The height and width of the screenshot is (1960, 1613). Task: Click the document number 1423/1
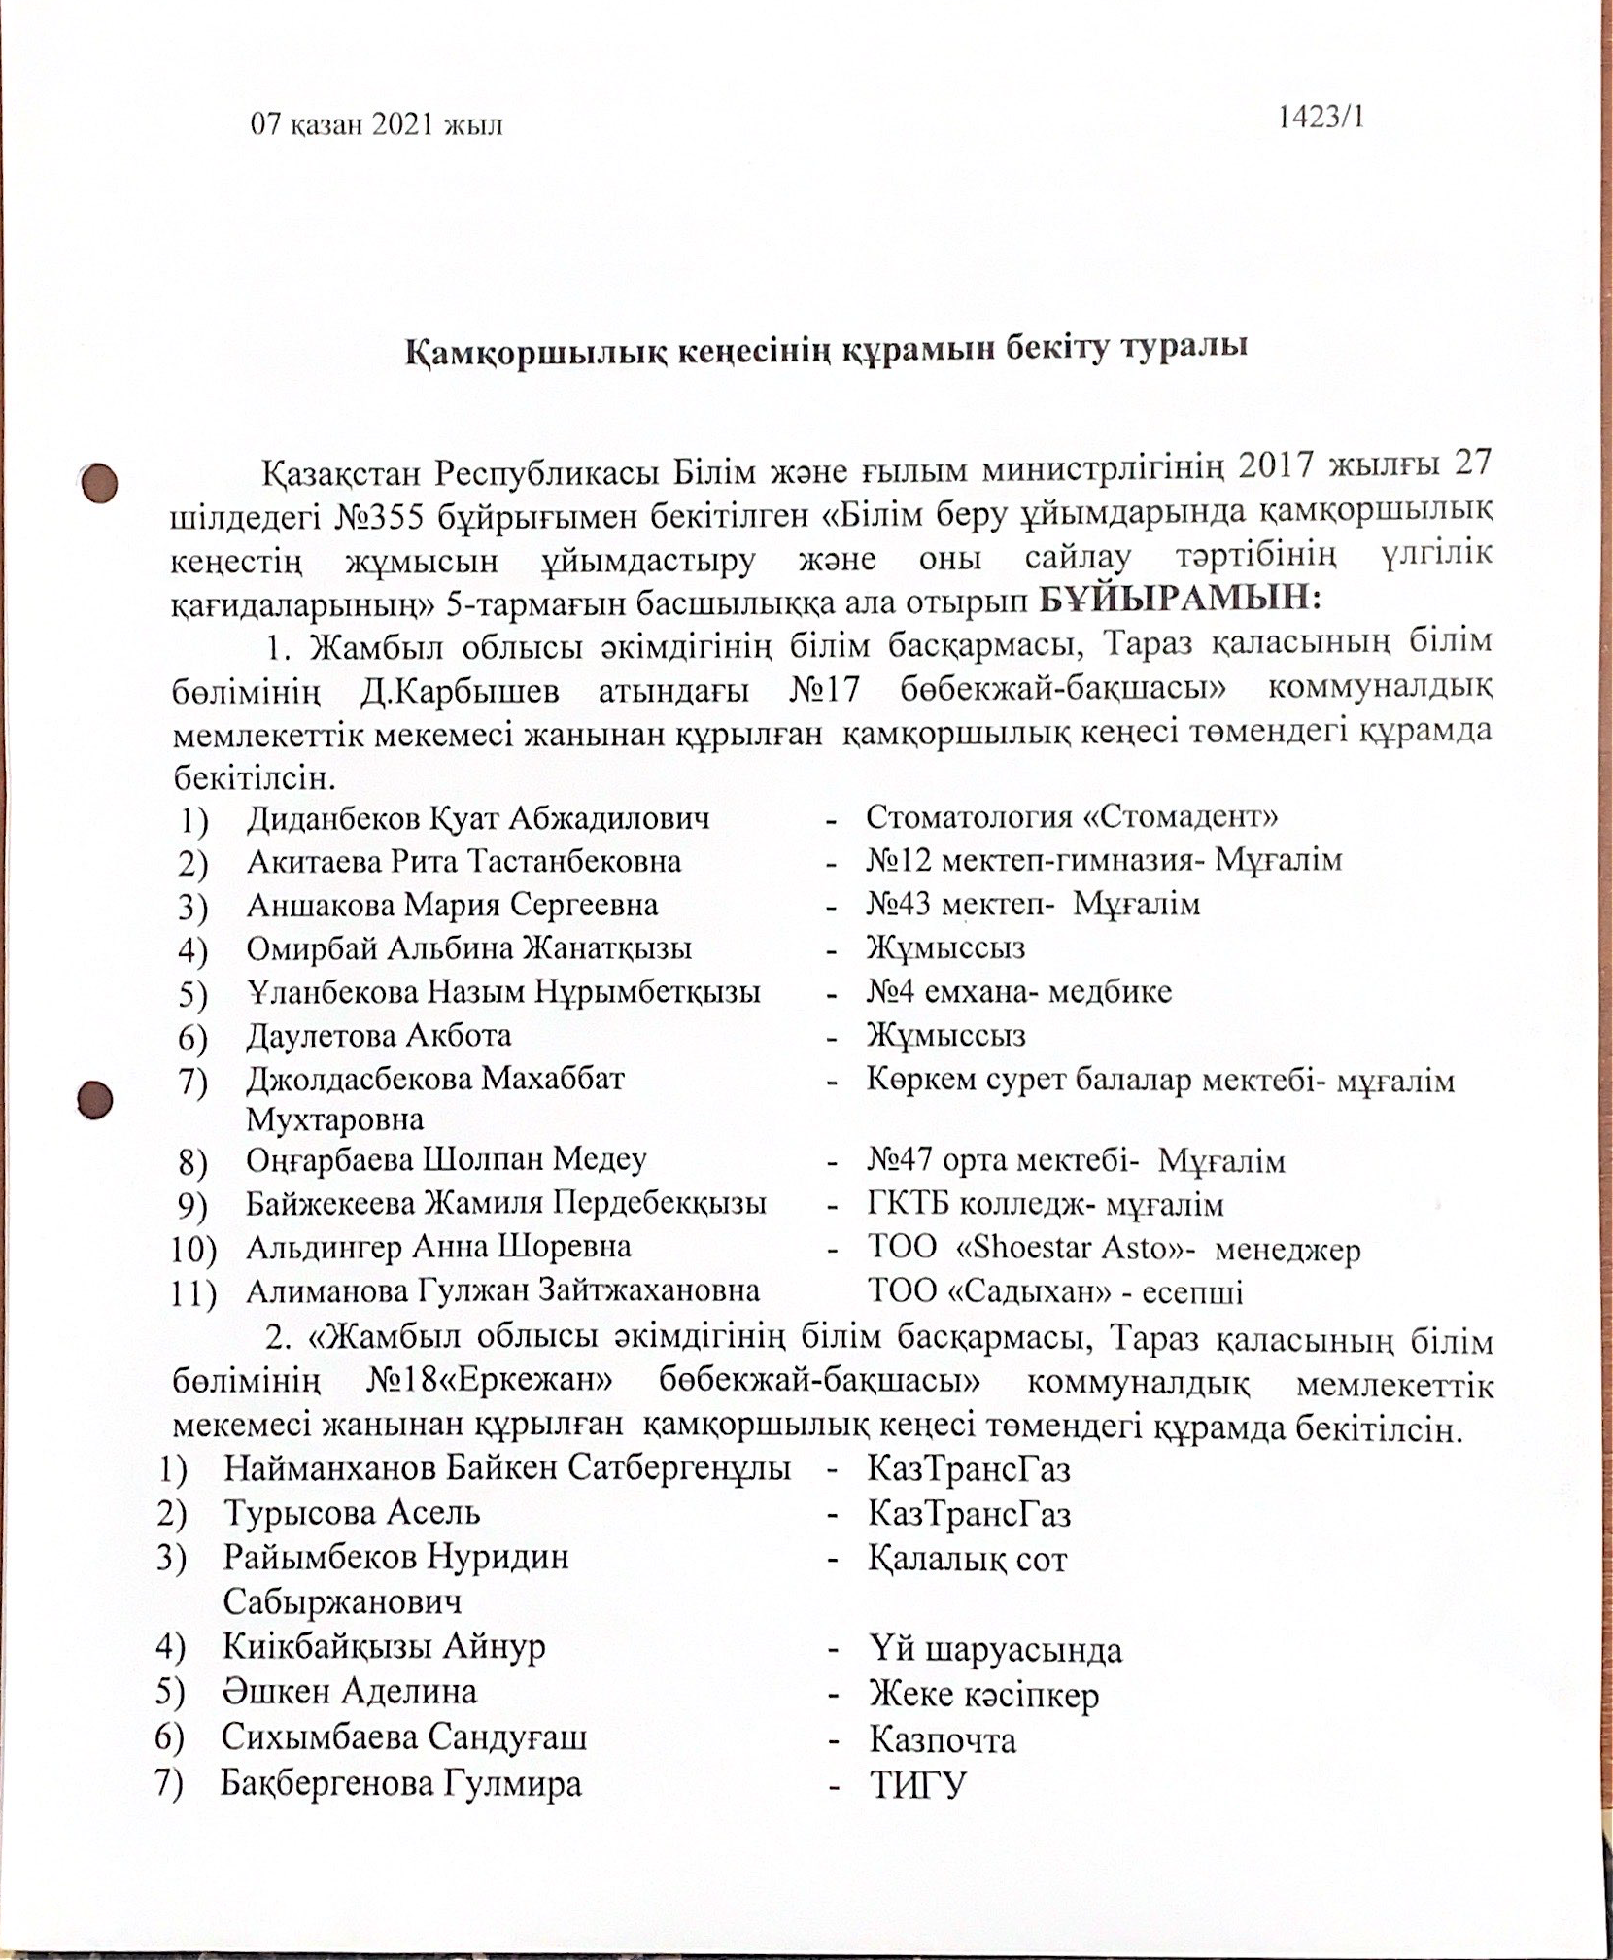1321,118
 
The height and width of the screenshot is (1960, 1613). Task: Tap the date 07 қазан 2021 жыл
377,125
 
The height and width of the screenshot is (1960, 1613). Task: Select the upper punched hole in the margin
99,483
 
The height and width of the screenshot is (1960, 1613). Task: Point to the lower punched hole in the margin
96,1100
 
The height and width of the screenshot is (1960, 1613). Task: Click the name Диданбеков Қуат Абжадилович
478,817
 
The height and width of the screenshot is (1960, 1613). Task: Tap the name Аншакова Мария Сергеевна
452,905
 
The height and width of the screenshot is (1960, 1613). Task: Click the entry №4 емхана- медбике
1019,991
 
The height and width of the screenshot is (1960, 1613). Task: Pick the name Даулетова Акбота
379,1035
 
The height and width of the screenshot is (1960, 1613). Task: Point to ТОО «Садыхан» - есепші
1054,1292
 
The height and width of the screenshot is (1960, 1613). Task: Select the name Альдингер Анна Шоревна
438,1247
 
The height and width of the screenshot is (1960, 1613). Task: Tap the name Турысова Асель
352,1513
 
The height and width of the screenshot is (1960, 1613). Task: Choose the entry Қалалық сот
968,1560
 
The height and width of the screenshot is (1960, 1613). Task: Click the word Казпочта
943,1740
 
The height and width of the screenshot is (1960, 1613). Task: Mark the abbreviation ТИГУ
918,1785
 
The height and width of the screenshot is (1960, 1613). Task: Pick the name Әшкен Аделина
350,1692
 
